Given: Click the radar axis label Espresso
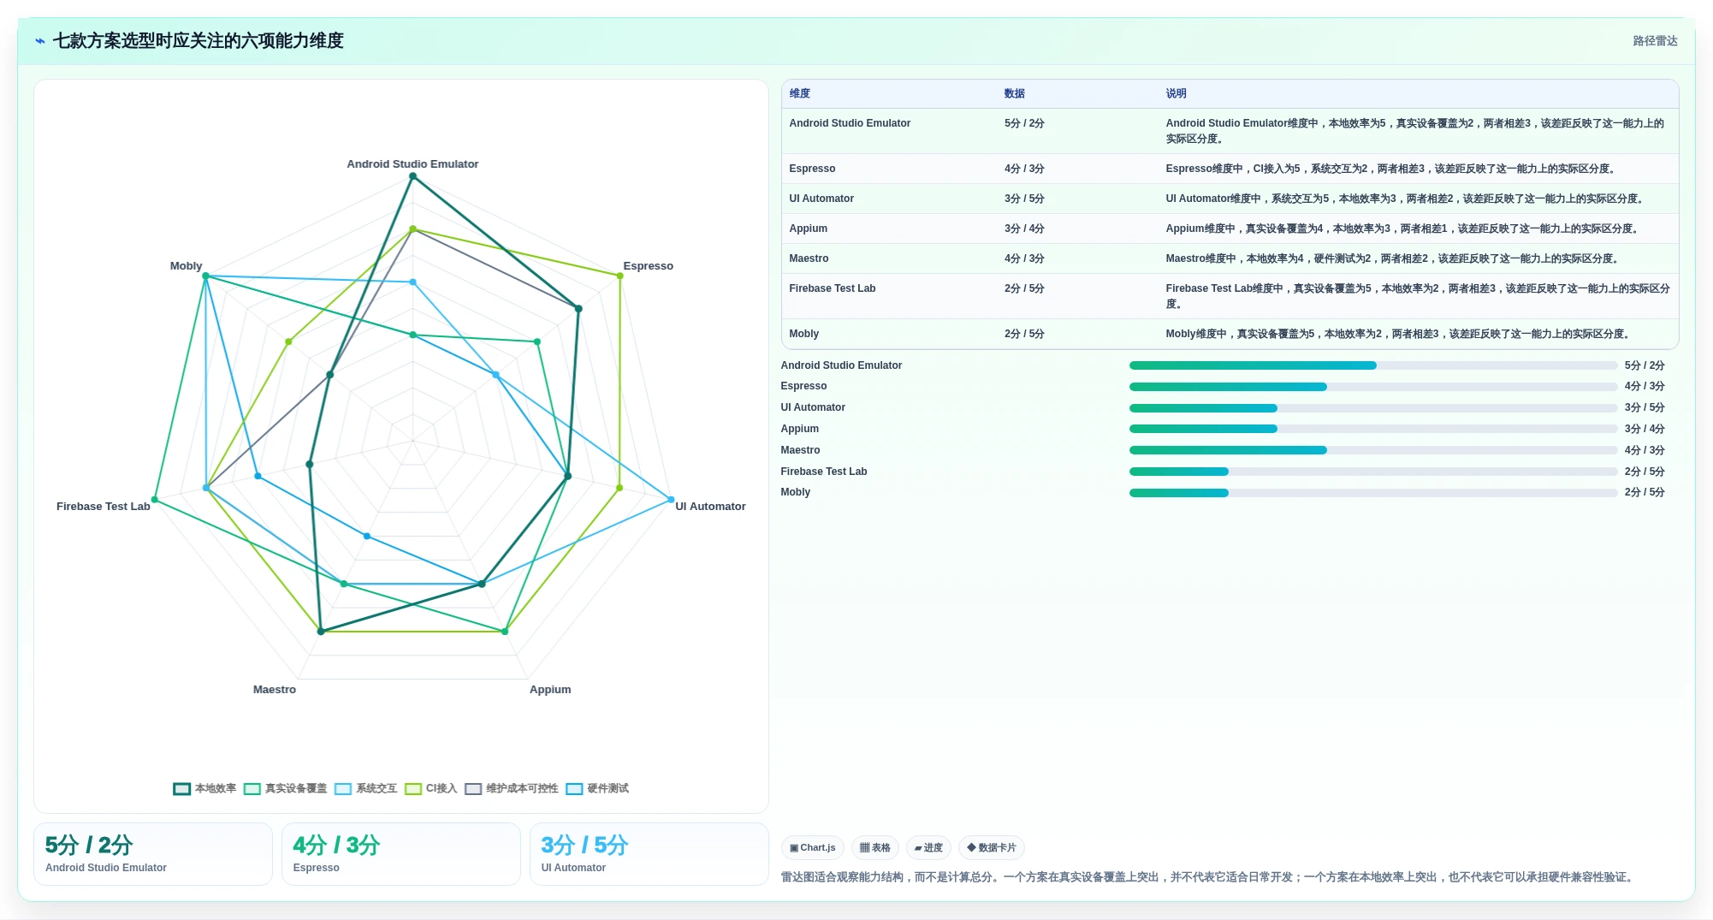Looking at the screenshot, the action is point(648,266).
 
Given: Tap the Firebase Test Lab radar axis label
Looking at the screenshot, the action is point(104,507).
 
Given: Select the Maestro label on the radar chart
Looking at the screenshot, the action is point(275,690).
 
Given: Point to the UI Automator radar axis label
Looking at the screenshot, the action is point(710,507).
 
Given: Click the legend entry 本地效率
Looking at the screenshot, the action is point(204,789).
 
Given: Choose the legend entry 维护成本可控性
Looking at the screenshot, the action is point(512,789).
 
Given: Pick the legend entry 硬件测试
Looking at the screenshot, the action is point(597,789).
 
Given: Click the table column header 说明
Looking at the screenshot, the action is point(1176,94).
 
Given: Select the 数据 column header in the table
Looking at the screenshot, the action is point(1014,94).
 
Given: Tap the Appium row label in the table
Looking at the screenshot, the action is point(808,229).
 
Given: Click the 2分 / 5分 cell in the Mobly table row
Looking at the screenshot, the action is point(1024,334).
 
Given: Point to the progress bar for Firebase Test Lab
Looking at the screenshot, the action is point(1373,472).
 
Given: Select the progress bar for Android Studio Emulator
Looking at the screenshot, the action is point(1373,365).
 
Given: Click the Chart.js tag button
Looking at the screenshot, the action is point(813,848).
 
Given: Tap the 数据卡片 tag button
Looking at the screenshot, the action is point(992,848).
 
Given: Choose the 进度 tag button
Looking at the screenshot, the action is point(928,848).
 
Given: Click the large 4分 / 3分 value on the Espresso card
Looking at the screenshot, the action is point(336,846).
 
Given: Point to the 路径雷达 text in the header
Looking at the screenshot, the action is point(1655,41).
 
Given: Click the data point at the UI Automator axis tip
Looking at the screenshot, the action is point(671,500).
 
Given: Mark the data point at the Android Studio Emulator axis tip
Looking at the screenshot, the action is point(412,176).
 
